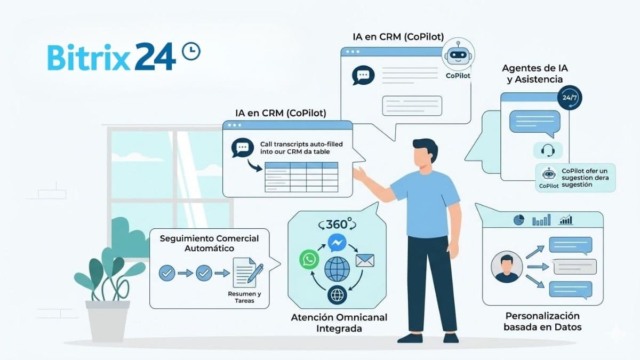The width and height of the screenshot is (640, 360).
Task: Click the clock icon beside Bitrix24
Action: [x=191, y=51]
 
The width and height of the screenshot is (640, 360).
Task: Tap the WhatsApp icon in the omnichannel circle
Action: [x=309, y=260]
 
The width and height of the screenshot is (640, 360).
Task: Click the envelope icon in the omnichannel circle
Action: [x=365, y=260]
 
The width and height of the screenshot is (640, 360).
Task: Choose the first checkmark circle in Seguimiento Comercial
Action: [x=167, y=274]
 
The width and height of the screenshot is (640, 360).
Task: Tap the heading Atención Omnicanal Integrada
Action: [x=339, y=323]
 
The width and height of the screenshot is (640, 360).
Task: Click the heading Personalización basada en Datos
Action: [x=542, y=321]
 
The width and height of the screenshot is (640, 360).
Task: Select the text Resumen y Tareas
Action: [x=244, y=298]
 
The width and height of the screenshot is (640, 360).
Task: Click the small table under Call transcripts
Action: [x=301, y=177]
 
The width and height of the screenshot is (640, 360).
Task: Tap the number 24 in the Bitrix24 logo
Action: [x=155, y=57]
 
